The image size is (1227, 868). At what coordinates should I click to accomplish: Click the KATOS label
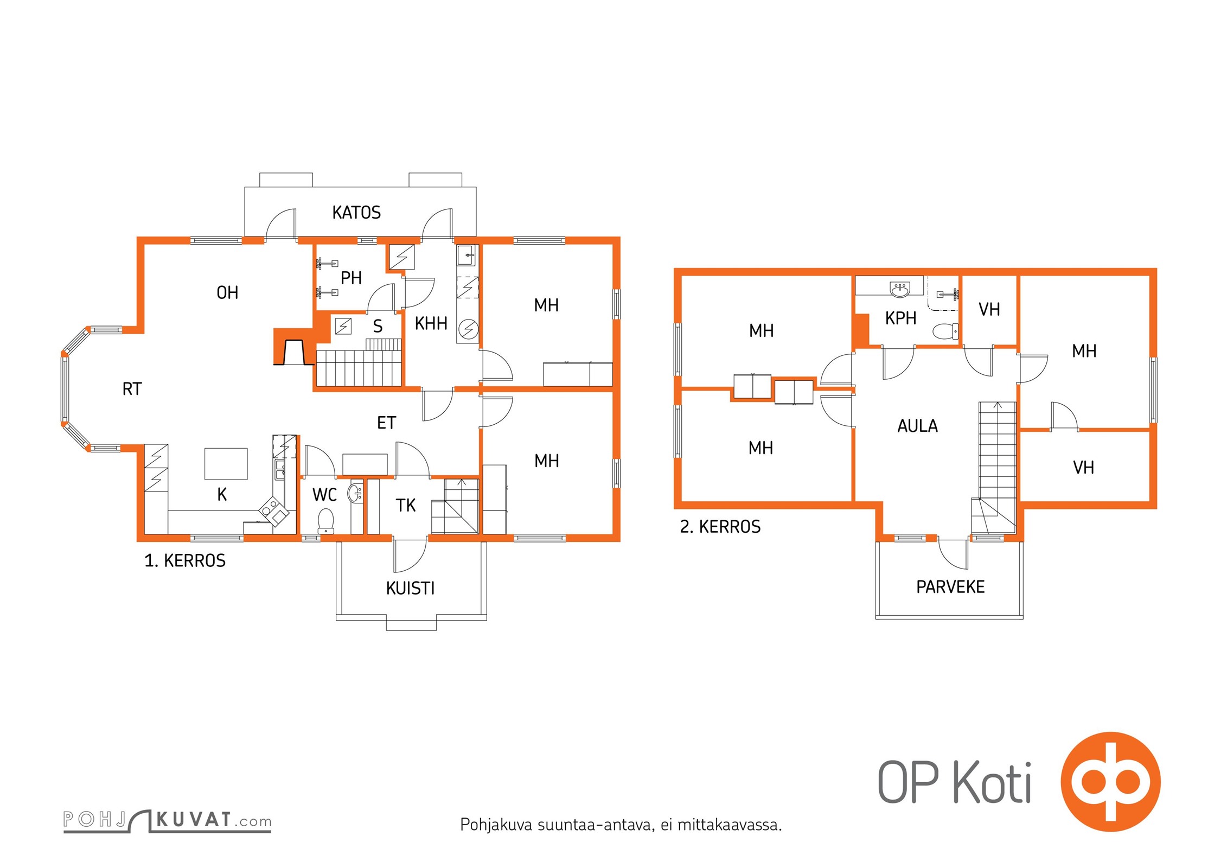[356, 212]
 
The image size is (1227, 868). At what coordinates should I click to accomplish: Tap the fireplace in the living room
[293, 347]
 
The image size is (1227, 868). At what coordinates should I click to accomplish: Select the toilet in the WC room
[325, 521]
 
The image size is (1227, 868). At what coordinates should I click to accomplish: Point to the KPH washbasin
[900, 289]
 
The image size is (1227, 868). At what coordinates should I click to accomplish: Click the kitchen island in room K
[226, 464]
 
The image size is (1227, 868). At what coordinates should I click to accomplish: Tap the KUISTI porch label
[410, 588]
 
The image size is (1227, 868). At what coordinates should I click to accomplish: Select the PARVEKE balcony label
[950, 586]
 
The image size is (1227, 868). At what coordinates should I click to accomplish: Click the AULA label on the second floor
[917, 426]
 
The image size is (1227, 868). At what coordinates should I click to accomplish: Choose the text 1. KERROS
[184, 560]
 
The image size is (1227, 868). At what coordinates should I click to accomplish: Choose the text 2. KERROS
[720, 526]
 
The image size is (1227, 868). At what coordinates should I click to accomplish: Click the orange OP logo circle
[1110, 782]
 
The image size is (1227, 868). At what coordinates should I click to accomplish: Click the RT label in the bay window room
[132, 389]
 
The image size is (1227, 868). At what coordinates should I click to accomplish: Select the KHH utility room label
[431, 323]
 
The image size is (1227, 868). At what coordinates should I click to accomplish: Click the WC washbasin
[355, 492]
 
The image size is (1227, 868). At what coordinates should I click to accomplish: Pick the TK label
[405, 505]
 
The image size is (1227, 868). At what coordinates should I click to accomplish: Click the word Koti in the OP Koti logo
[992, 783]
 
